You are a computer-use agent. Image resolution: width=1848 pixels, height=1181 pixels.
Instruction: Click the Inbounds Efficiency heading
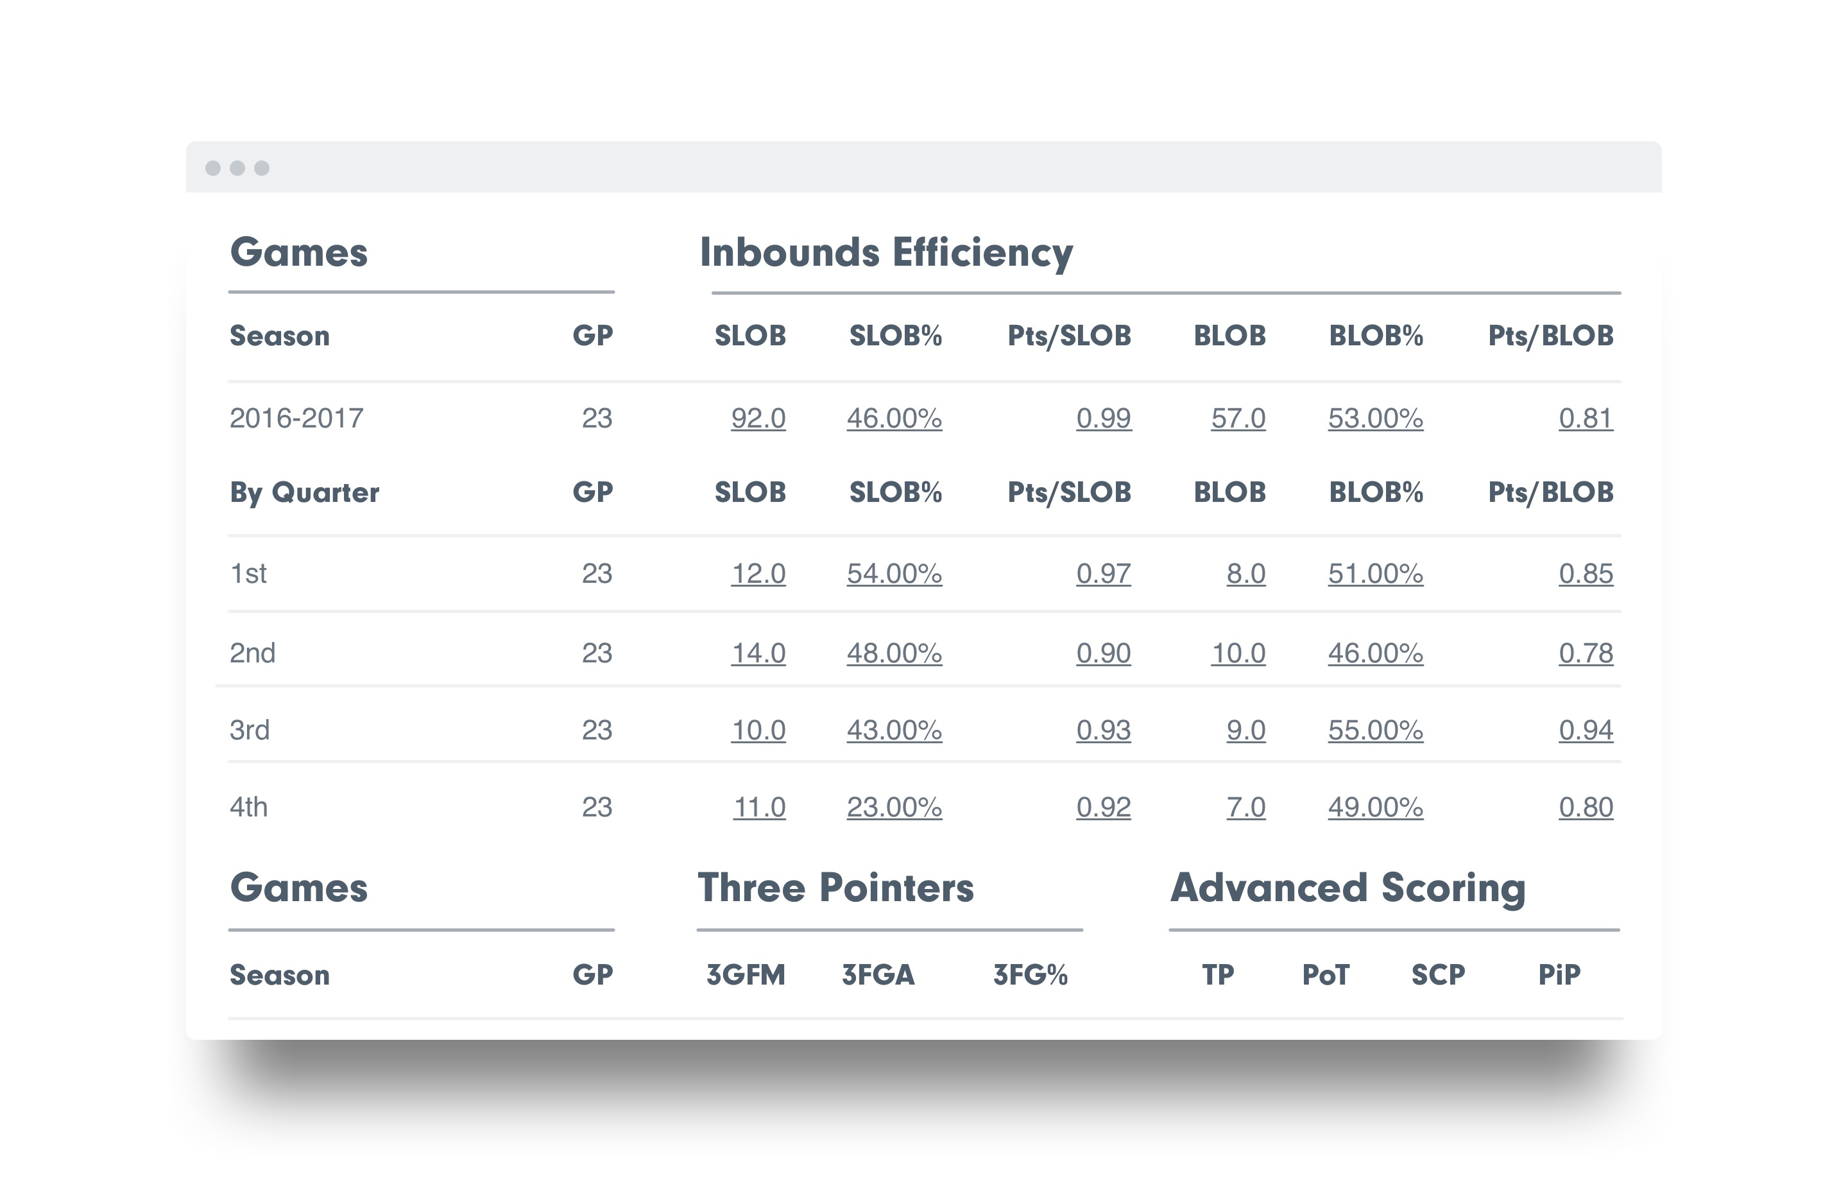(886, 253)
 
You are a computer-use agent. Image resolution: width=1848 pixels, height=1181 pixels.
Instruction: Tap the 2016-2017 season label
(296, 418)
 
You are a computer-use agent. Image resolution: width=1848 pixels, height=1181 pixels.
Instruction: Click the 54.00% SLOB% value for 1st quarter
(894, 574)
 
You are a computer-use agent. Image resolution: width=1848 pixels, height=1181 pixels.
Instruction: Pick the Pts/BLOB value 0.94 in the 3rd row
(1586, 730)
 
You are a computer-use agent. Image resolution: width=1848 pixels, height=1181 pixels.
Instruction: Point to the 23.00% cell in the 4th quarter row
(894, 807)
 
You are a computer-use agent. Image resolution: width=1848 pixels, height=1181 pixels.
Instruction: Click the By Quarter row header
(304, 492)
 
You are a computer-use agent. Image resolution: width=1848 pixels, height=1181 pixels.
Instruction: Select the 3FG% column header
(1030, 974)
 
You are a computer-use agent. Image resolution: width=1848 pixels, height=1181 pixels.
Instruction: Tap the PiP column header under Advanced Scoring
(1559, 974)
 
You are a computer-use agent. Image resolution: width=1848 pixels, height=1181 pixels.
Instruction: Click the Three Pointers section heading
(835, 888)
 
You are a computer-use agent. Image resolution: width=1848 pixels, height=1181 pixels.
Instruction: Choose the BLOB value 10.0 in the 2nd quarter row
(1238, 653)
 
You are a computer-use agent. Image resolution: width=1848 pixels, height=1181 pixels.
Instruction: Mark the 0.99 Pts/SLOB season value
(1103, 418)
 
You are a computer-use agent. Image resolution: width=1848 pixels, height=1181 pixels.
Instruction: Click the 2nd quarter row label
(252, 653)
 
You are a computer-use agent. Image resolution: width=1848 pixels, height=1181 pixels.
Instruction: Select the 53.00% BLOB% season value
(1375, 418)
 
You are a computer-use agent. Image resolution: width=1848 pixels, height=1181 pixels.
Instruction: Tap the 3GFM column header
(745, 974)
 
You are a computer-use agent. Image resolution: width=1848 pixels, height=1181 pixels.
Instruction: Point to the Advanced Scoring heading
(1347, 888)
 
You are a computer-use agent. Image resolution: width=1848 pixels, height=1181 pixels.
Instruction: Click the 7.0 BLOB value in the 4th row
(1245, 807)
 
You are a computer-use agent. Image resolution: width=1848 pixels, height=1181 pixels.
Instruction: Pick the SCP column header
(1437, 974)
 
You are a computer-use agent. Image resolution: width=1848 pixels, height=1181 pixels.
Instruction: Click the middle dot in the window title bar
(237, 168)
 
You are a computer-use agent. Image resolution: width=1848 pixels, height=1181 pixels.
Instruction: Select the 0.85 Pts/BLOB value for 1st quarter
(1586, 574)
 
